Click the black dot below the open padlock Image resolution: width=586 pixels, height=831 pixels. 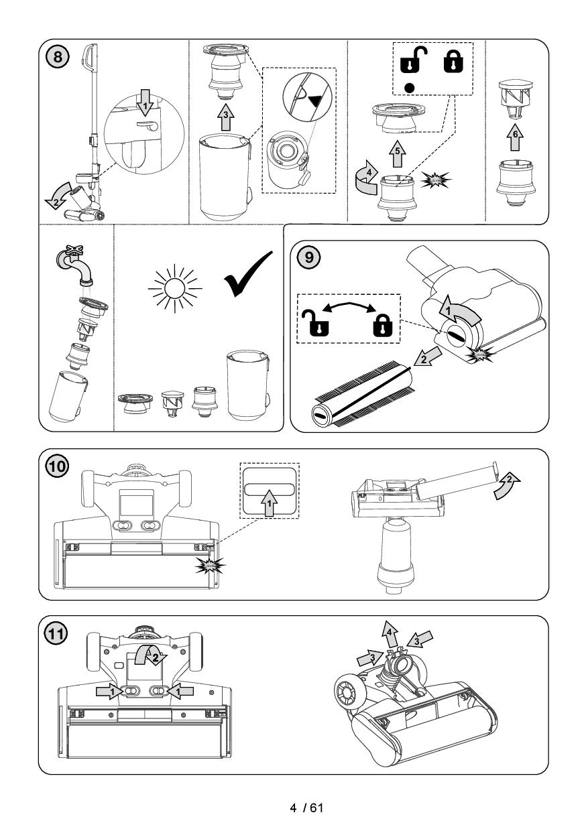pyautogui.click(x=409, y=88)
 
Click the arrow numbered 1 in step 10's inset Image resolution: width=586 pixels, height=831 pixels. pyautogui.click(x=270, y=503)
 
